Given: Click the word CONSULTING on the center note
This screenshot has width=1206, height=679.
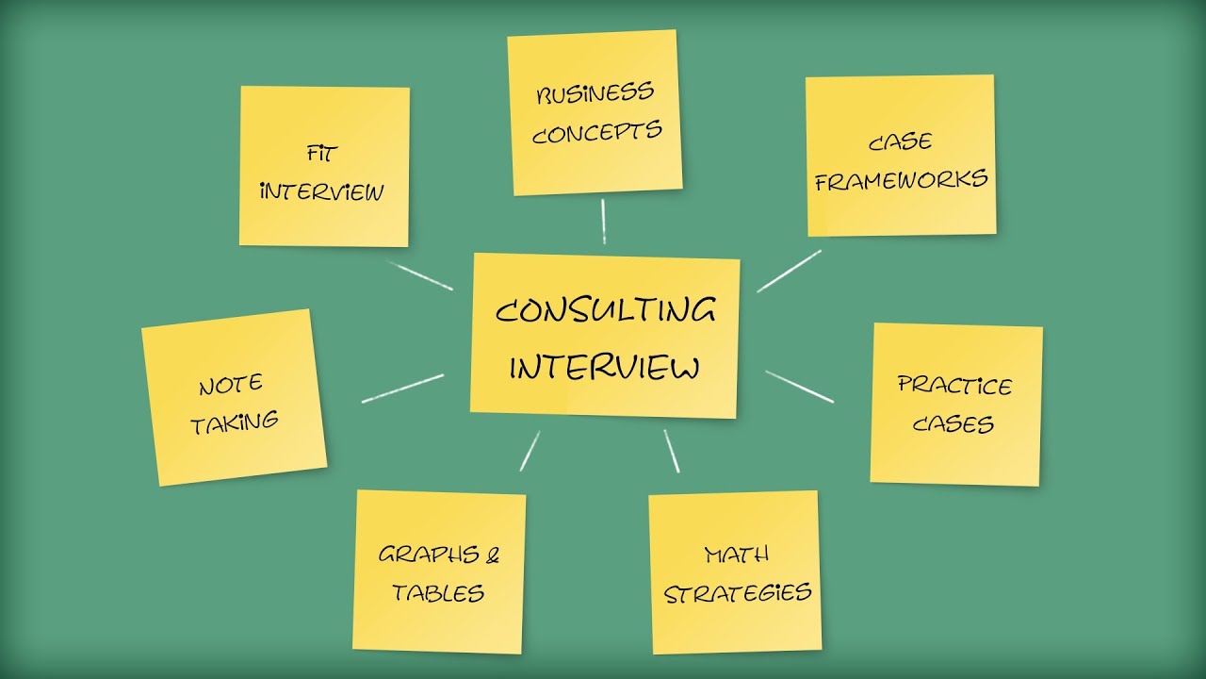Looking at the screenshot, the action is (x=605, y=310).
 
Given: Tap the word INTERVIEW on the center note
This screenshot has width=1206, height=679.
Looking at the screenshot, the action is (x=605, y=366).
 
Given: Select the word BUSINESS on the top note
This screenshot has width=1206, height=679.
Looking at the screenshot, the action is (x=595, y=93).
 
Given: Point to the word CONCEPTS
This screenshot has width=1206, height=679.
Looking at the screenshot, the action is (x=596, y=132).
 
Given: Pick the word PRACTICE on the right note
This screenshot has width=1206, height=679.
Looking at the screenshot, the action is (x=954, y=385).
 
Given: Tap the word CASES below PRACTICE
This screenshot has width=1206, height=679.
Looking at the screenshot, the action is (x=953, y=423).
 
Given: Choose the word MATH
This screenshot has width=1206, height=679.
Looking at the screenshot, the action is (x=736, y=554).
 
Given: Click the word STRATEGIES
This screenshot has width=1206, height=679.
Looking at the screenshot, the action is (x=737, y=593).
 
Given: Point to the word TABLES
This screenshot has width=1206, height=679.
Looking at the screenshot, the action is (x=438, y=592).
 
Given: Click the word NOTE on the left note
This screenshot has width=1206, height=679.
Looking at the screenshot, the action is (x=230, y=385).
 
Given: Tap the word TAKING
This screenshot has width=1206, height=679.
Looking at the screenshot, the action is (x=235, y=422).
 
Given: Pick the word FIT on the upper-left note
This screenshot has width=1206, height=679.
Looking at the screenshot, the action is (x=322, y=152).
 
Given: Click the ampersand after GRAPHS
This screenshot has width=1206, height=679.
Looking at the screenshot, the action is (x=492, y=554).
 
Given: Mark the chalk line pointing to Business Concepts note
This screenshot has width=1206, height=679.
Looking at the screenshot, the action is (x=603, y=222).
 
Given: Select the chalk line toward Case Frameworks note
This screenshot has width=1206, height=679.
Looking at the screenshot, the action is (x=789, y=271).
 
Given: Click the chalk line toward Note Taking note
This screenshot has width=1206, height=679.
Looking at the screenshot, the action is (x=402, y=389).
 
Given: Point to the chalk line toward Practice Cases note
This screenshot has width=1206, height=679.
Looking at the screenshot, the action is (x=799, y=387).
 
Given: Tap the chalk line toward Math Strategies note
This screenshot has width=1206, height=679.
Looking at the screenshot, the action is (x=671, y=451).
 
